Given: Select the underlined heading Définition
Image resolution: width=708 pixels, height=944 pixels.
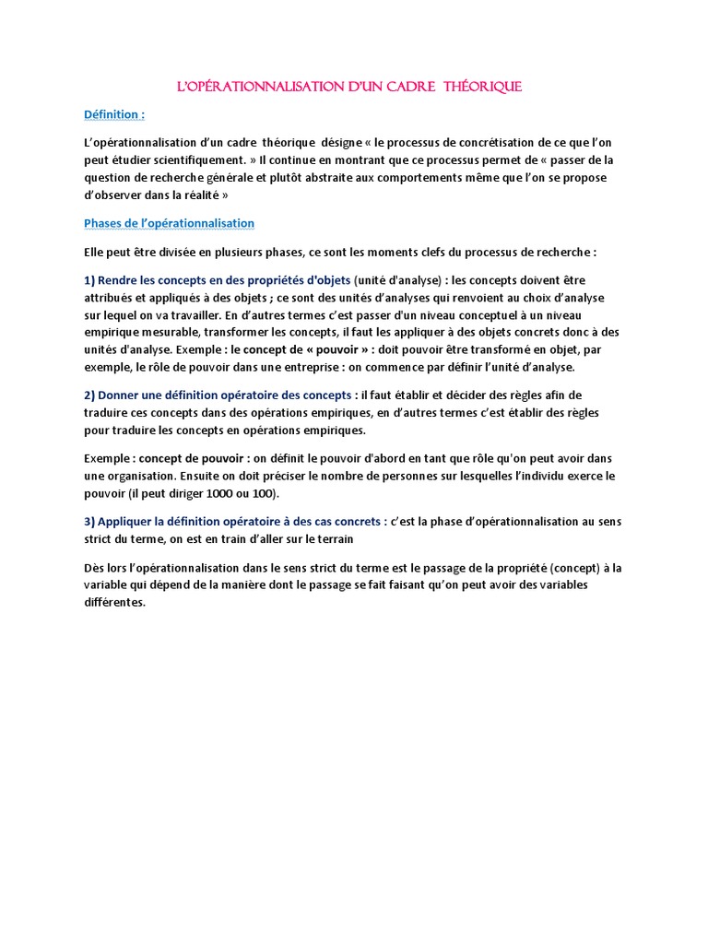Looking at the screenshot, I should point(114,114).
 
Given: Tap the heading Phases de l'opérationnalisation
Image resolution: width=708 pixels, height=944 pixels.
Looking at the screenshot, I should point(169,223).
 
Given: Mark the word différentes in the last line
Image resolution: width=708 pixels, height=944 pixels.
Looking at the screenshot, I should point(114,603).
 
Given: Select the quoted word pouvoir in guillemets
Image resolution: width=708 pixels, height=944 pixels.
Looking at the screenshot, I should point(336,349).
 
